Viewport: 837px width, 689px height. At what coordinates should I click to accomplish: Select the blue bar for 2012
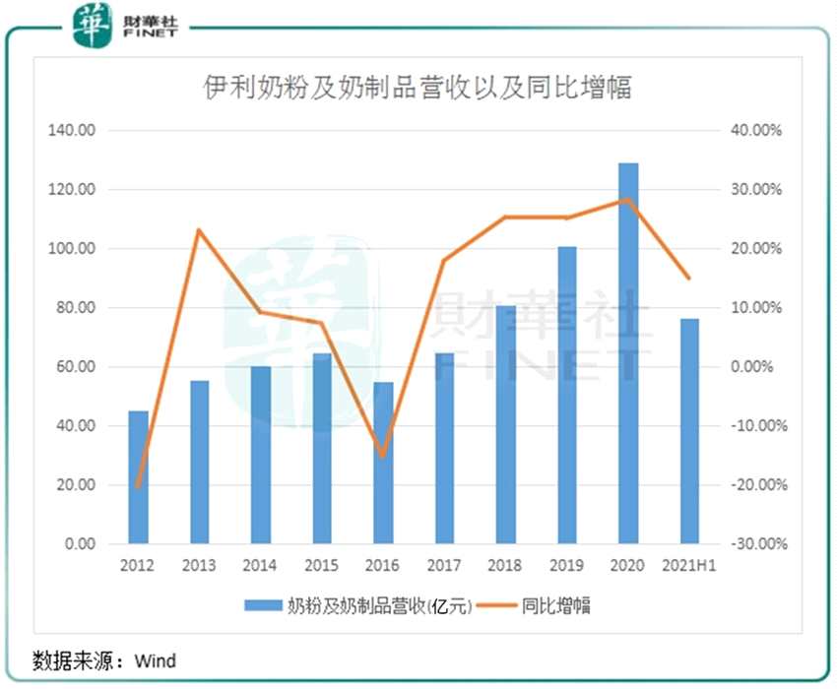(x=139, y=476)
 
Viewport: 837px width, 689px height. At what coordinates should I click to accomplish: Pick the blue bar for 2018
(x=506, y=424)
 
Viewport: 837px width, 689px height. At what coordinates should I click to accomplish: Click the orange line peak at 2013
(x=200, y=230)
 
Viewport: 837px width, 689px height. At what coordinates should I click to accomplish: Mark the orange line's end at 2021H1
(x=689, y=279)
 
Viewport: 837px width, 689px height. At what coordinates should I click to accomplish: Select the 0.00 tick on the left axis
(x=75, y=544)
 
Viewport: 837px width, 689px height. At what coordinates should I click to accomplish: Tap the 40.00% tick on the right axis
(x=755, y=131)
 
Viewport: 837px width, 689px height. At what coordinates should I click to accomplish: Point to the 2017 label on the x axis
(x=444, y=566)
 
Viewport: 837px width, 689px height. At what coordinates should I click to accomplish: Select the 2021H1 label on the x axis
(x=689, y=566)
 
